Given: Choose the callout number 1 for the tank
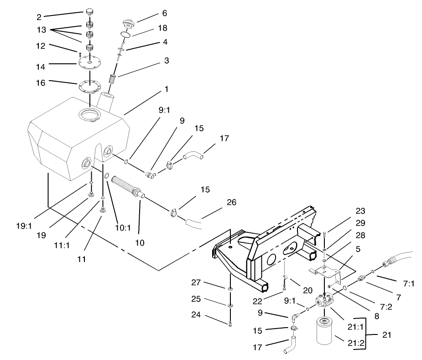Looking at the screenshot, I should point(167,89).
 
